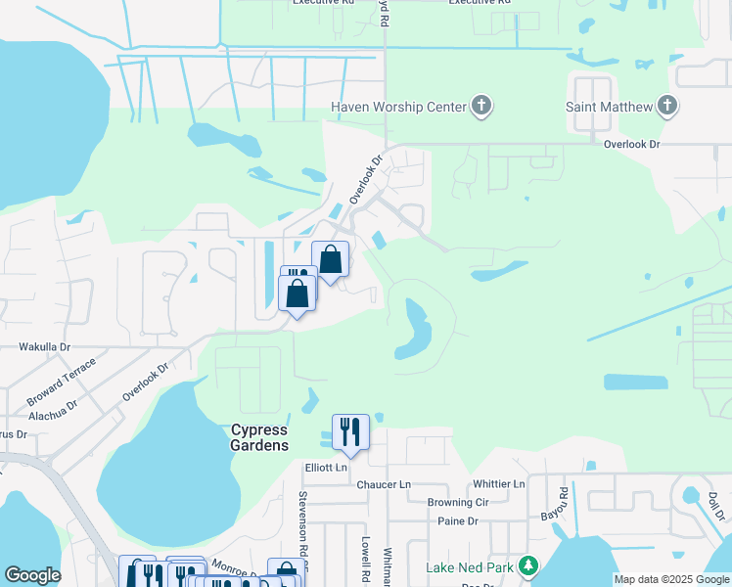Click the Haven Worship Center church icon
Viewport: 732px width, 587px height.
click(480, 107)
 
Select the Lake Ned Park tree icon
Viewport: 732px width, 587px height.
click(528, 566)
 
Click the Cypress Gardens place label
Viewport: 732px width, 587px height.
click(259, 437)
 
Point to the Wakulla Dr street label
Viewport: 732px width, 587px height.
click(45, 347)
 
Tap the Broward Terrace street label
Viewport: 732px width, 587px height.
click(62, 382)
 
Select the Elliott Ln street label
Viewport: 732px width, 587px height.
click(326, 468)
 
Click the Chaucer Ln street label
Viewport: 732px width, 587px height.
click(384, 485)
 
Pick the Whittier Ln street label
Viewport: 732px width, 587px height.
click(498, 484)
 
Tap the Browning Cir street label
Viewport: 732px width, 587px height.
click(457, 503)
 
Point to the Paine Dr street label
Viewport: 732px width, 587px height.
click(457, 521)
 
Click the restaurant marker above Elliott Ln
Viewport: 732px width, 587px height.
click(350, 432)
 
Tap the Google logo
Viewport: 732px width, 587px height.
click(32, 575)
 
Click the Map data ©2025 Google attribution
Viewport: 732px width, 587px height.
click(671, 579)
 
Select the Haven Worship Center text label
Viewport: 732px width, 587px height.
click(398, 107)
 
